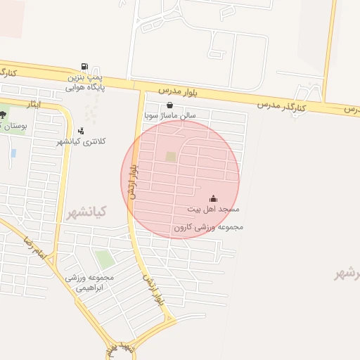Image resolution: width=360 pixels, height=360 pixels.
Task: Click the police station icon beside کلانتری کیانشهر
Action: pos(81,130)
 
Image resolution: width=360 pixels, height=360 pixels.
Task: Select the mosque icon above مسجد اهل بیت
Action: pos(214,199)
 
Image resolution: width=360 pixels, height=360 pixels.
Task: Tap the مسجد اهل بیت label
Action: pos(214,210)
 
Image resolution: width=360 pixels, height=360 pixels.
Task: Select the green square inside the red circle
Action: pos(171,157)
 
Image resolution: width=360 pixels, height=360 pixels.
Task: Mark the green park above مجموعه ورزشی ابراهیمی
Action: pos(104,259)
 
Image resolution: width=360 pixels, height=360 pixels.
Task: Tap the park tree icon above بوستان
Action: pos(2,115)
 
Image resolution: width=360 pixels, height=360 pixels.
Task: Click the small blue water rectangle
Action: pos(13,153)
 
